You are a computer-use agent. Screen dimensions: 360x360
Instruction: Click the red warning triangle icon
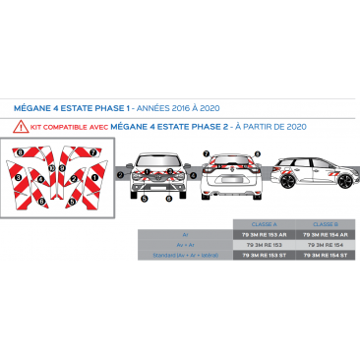19,126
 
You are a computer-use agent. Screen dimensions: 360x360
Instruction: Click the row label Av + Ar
184,245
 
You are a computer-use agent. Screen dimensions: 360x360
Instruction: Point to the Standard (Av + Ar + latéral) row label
184,255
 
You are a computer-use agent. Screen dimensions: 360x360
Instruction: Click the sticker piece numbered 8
23,153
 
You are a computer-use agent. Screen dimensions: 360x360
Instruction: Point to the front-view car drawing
157,177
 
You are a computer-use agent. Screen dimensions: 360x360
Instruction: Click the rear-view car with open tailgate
234,176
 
